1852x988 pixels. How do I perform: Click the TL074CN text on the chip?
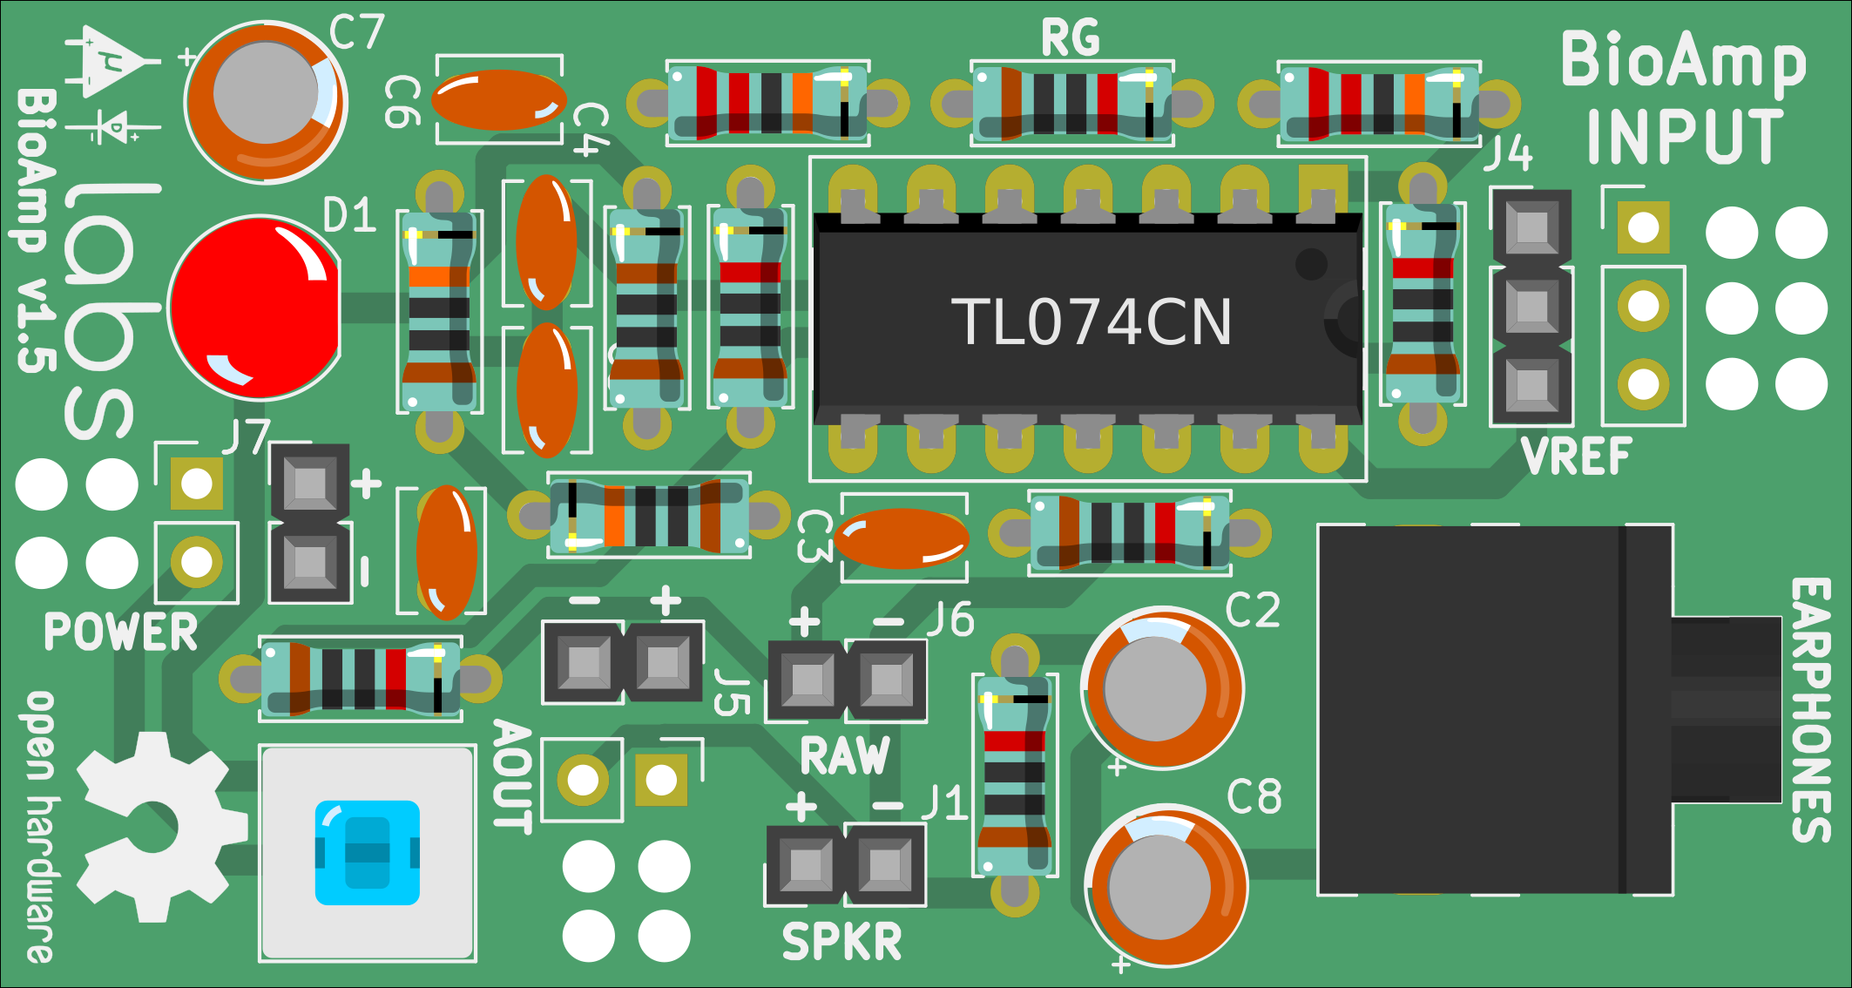[x=1091, y=322]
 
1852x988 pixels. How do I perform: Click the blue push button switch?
[x=367, y=853]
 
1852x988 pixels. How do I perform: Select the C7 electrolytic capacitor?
[x=266, y=101]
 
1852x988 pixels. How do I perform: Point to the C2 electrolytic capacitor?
[x=1162, y=688]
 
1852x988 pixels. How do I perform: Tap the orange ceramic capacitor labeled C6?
[x=498, y=99]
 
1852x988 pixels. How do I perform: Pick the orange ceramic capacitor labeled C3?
[x=902, y=538]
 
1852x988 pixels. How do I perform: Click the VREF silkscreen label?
[x=1576, y=457]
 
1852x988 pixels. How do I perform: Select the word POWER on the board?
[x=121, y=633]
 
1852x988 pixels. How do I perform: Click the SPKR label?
[x=842, y=943]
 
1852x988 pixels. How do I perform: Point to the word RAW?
[x=845, y=755]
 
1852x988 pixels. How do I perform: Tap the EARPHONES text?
[x=1810, y=709]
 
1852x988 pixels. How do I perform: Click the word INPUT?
[x=1684, y=137]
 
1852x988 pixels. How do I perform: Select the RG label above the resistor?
[x=1071, y=39]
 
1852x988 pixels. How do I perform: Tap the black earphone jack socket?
[x=1494, y=709]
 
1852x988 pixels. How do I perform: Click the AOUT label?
[x=512, y=776]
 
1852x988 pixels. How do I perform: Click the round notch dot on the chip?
[x=1310, y=263]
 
